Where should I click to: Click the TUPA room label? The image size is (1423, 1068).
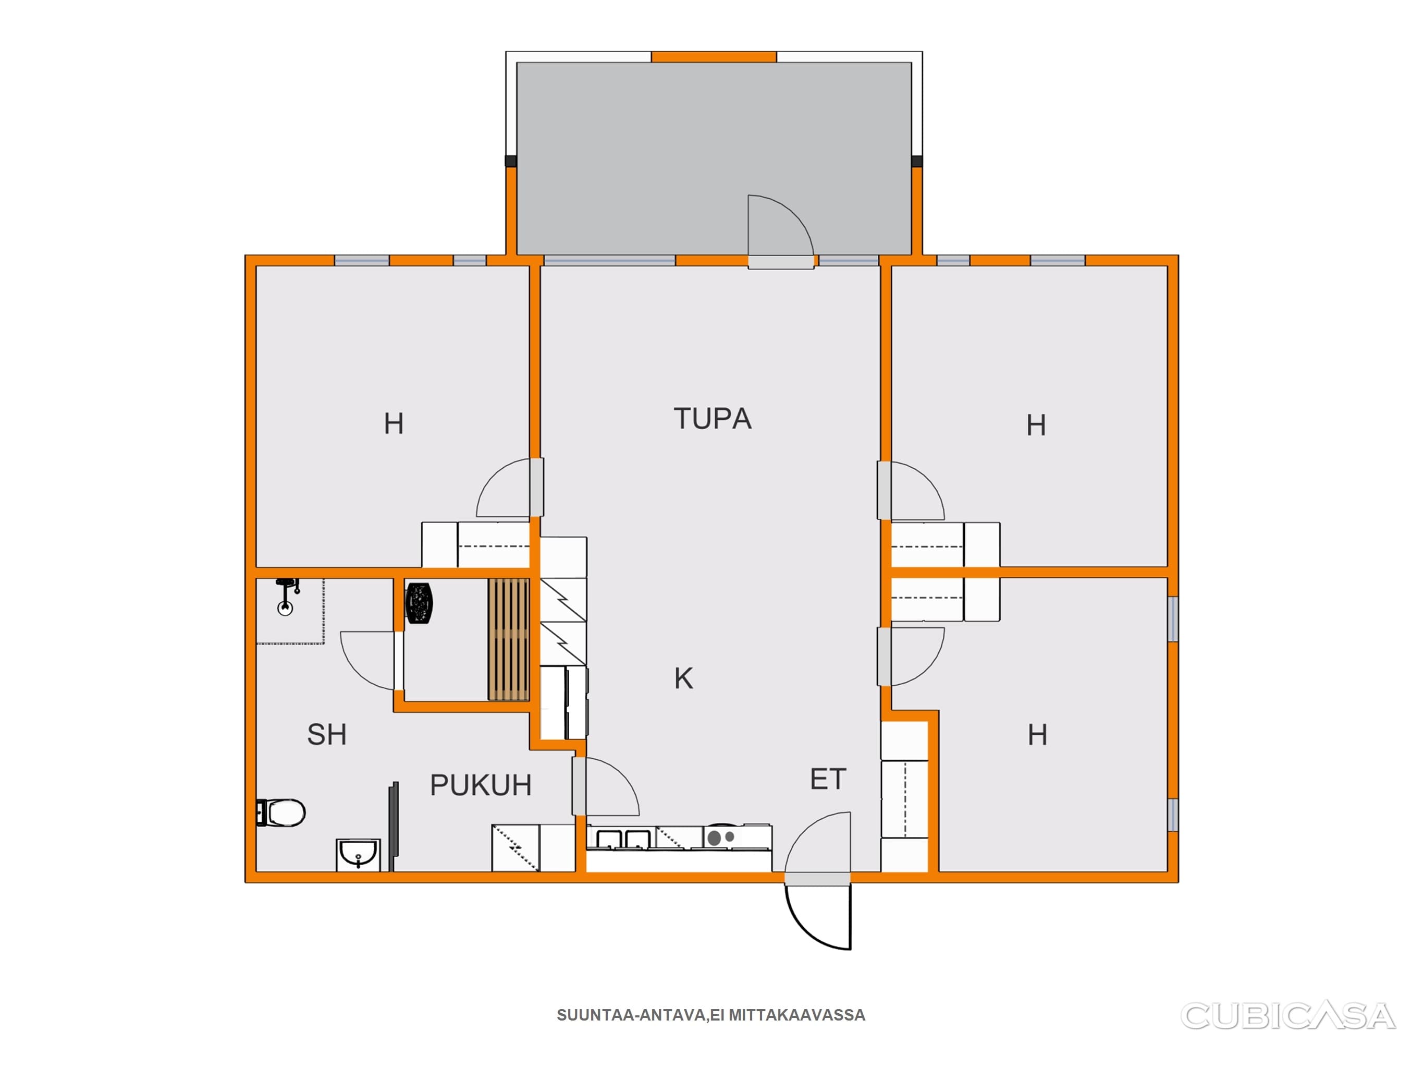(x=712, y=418)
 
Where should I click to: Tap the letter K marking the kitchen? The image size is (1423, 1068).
(x=684, y=678)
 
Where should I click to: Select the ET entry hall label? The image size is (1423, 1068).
(x=828, y=780)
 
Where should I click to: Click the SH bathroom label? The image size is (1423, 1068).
(x=327, y=735)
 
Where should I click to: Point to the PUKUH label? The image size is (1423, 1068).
(x=481, y=785)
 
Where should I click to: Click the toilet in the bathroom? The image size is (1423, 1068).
(x=280, y=812)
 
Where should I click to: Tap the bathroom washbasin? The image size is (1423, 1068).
(x=358, y=855)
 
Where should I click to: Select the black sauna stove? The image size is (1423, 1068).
(x=419, y=603)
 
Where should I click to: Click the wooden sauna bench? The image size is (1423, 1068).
(x=508, y=639)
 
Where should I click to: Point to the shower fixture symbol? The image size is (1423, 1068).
(x=287, y=596)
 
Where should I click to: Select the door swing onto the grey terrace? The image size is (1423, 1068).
(x=780, y=225)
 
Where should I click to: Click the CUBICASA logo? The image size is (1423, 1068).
(x=1289, y=1016)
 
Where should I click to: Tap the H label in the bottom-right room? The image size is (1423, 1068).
(x=1037, y=735)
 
